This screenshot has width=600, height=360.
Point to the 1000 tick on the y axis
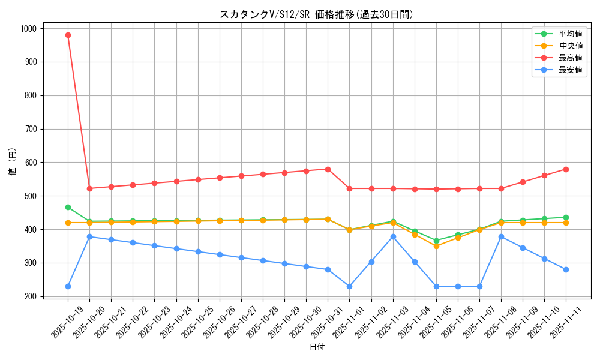point(28,29)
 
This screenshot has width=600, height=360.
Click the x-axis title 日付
point(317,347)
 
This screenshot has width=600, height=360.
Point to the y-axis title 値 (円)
point(13,162)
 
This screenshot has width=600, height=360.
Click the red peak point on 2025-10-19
point(68,35)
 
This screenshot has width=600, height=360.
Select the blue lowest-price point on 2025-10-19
point(68,286)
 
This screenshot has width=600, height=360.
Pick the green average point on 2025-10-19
point(68,207)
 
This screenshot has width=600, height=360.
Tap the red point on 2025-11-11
point(566,169)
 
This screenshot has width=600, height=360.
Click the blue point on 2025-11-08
point(501,236)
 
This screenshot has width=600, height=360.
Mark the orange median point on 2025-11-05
point(436,246)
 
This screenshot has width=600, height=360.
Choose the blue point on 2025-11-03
point(393,236)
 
